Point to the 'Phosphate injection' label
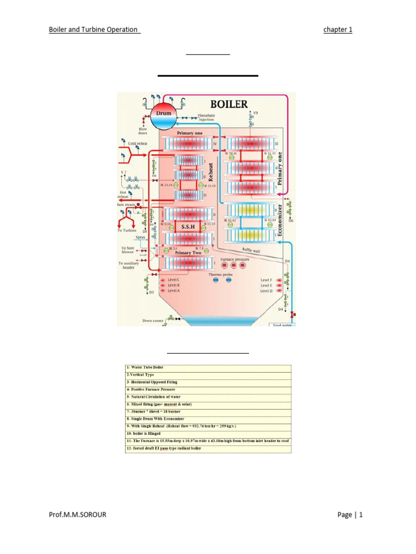206,117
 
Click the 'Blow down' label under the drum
142,131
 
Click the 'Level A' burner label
173,291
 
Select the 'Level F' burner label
266,279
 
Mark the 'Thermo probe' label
219,275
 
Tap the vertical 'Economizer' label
279,220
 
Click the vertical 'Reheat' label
212,173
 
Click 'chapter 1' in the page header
337,30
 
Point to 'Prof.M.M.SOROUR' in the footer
77,515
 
